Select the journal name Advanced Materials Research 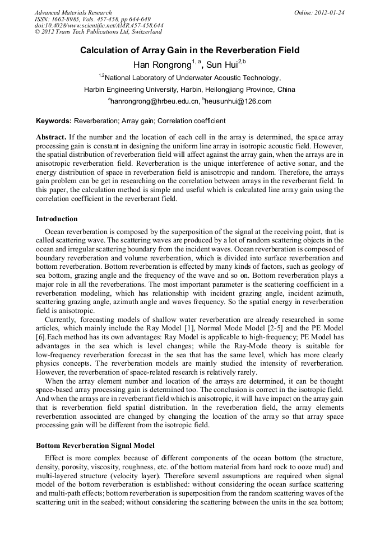point(73,12)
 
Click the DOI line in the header point(99,26)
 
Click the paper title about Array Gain point(190,50)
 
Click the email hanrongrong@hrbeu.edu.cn point(155,101)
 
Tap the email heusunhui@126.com point(238,101)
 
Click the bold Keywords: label point(54,120)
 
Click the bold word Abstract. point(51,137)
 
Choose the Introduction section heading point(57,219)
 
